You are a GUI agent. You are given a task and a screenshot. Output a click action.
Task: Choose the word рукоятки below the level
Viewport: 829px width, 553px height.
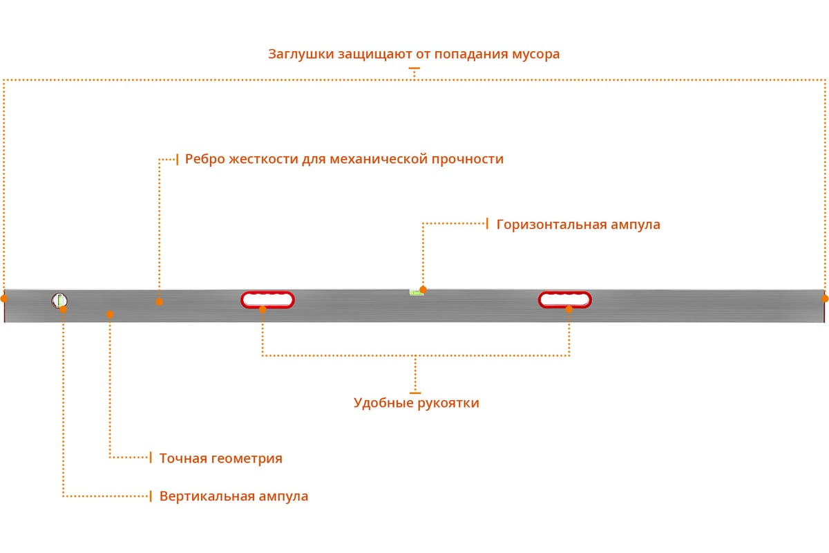point(448,403)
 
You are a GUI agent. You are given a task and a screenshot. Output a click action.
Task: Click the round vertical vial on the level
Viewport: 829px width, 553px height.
point(59,301)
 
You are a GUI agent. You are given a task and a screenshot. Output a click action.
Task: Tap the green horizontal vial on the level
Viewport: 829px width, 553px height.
point(417,292)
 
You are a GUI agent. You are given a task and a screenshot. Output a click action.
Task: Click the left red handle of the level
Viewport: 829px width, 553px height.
point(267,299)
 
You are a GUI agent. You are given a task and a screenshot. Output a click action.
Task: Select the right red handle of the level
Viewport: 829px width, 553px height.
point(565,299)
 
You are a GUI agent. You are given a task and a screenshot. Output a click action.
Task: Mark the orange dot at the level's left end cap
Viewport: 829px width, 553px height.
point(3,299)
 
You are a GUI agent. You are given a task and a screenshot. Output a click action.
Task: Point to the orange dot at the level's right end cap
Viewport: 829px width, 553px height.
point(825,298)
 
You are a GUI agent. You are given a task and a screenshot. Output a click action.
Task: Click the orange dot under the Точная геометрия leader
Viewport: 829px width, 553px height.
point(110,314)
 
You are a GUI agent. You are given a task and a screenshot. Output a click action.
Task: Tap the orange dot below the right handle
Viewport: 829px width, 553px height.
point(569,309)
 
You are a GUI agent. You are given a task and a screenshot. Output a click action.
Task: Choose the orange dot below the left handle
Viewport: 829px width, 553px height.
point(263,309)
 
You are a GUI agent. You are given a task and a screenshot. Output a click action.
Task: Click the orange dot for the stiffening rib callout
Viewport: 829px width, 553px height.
point(160,301)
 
